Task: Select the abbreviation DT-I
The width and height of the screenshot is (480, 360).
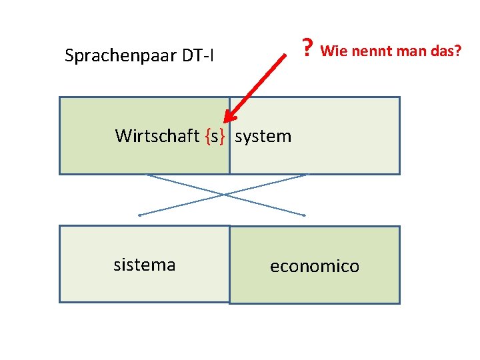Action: [198, 55]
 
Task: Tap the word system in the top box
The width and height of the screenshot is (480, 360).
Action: [263, 137]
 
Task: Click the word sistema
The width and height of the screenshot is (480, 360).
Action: [145, 265]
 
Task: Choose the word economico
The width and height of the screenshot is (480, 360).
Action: [314, 267]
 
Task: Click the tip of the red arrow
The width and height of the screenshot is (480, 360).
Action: [225, 122]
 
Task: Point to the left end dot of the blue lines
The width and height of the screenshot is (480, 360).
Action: [139, 215]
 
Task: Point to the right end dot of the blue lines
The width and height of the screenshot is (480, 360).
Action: [305, 215]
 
